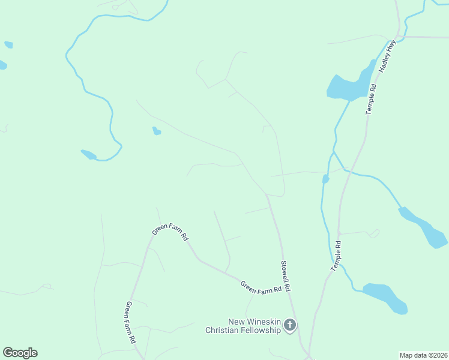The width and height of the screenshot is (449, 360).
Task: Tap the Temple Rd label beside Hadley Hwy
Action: point(371,99)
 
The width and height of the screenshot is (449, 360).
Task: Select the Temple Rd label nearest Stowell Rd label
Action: point(337,256)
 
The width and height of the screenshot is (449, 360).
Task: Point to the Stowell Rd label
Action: point(286,276)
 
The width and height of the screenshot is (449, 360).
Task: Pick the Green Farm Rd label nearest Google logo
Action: point(130,322)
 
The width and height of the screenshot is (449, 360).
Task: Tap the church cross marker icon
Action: point(290,326)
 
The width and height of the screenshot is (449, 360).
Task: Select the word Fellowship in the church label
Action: point(262,330)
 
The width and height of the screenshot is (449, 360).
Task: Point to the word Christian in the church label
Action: point(224,330)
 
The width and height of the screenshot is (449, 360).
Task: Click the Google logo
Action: point(20,353)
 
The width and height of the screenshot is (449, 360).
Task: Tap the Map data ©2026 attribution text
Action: point(423,355)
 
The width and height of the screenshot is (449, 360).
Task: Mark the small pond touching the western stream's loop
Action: point(88,154)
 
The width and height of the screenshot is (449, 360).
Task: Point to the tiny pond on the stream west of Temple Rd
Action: point(325,179)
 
